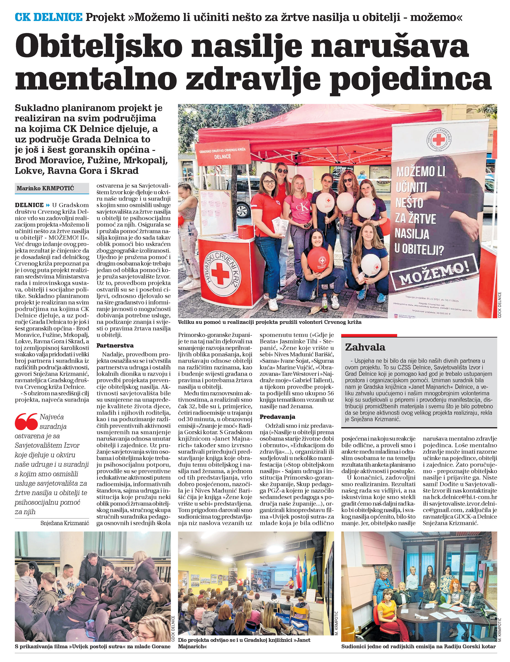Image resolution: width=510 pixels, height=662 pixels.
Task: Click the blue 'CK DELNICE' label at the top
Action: pos(49,17)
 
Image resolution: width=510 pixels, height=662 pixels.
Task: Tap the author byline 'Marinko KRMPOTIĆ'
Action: pos(45,188)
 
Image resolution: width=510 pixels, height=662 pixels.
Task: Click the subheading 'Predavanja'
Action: pos(277,417)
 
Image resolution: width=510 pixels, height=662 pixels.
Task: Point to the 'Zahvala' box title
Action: pos(365,347)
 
